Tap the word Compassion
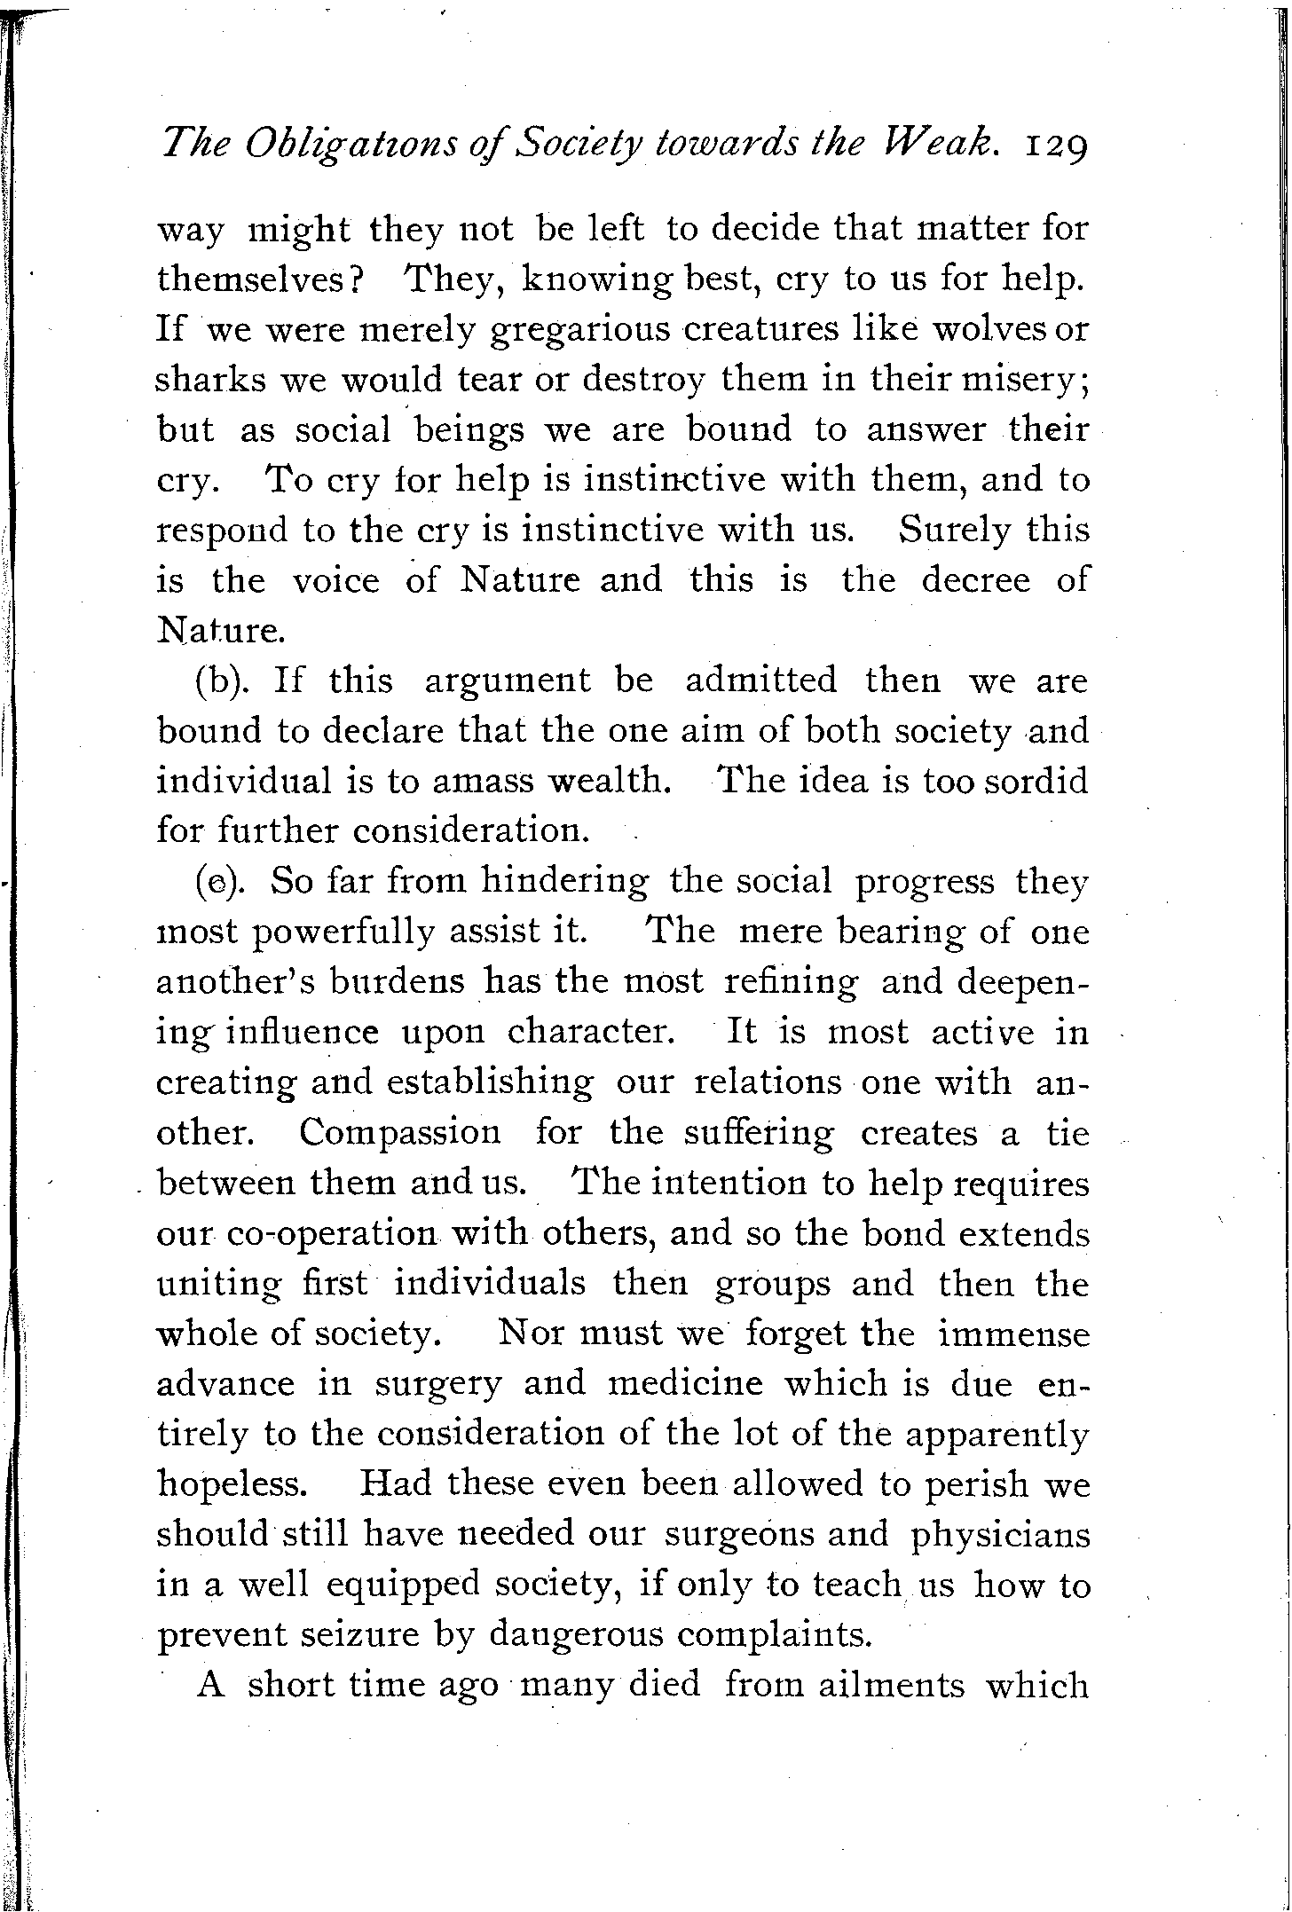(x=399, y=1133)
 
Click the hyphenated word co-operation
(x=332, y=1235)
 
